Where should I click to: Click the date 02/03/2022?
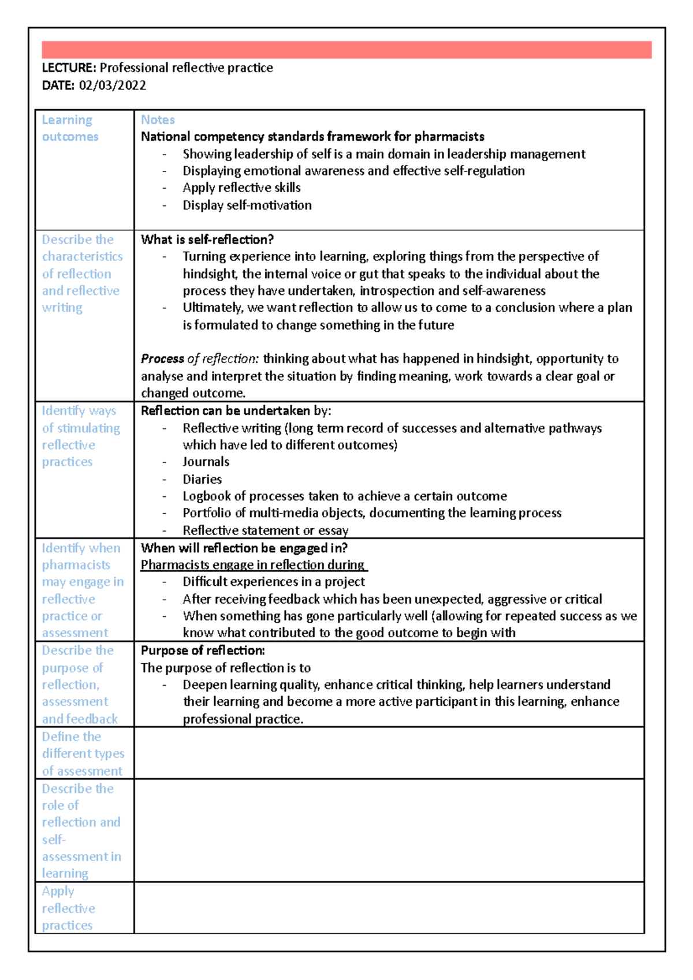(113, 85)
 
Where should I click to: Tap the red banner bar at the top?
(346, 50)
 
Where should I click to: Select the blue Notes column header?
(158, 119)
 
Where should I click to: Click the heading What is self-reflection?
(207, 240)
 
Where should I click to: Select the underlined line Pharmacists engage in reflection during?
(252, 564)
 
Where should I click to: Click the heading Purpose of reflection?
(203, 650)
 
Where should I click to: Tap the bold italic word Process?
(162, 359)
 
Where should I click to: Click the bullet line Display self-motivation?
(247, 205)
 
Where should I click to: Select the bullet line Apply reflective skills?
(241, 188)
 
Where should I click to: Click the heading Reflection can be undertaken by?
(236, 411)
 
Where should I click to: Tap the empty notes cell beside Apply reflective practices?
(389, 907)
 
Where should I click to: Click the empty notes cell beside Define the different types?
(389, 753)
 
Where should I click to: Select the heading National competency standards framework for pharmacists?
(312, 137)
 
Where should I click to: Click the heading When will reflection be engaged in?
(244, 548)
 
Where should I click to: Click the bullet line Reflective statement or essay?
(265, 530)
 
